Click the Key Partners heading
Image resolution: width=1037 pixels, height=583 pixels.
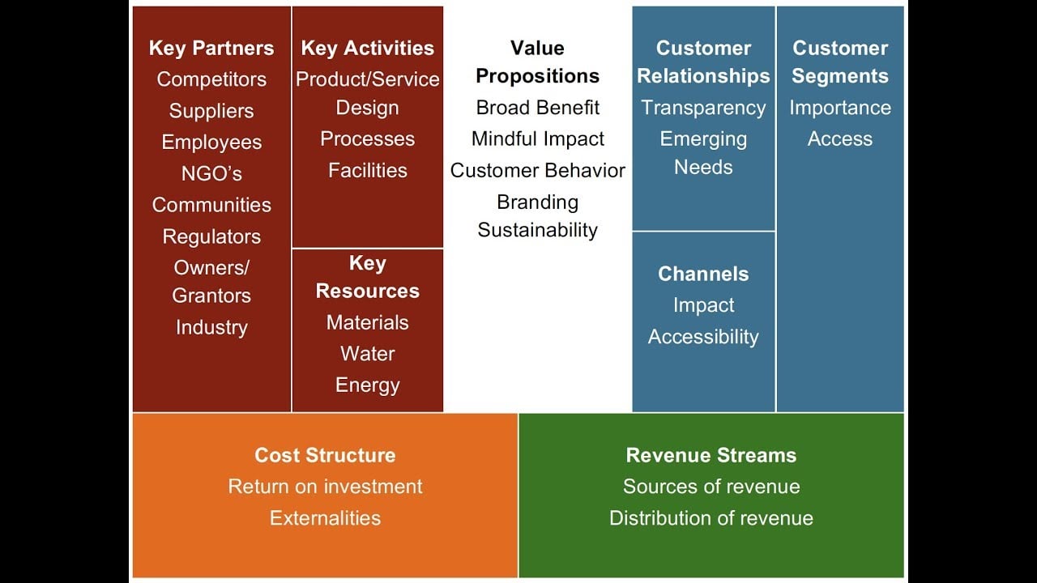tap(211, 48)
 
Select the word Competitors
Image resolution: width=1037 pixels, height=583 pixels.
tap(211, 79)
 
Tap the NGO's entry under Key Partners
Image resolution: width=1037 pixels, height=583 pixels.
tap(211, 173)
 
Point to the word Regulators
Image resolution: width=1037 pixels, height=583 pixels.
tap(211, 236)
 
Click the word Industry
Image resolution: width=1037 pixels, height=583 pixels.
tap(211, 327)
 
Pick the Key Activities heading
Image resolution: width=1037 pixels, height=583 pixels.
tap(367, 48)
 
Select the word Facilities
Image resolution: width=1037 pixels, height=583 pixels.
tap(367, 170)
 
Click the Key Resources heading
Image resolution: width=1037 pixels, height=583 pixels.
tap(367, 277)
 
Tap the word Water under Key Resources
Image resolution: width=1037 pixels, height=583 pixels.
tap(367, 354)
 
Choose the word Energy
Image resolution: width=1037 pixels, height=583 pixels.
tap(367, 385)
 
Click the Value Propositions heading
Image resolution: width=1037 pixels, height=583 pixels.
tap(537, 62)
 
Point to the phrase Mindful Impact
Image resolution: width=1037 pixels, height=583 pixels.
tap(537, 138)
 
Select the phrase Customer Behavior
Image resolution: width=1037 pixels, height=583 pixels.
tap(537, 170)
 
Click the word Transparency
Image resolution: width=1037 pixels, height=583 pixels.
tap(703, 108)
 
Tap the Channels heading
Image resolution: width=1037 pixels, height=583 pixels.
tap(703, 274)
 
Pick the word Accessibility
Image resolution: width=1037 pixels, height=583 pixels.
tap(703, 336)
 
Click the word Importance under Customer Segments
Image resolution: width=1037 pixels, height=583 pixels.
tap(840, 108)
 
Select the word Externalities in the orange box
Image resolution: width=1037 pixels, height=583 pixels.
tap(325, 517)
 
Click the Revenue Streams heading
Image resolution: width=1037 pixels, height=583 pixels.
tap(711, 455)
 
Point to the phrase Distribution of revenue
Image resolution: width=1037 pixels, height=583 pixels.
tap(711, 517)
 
